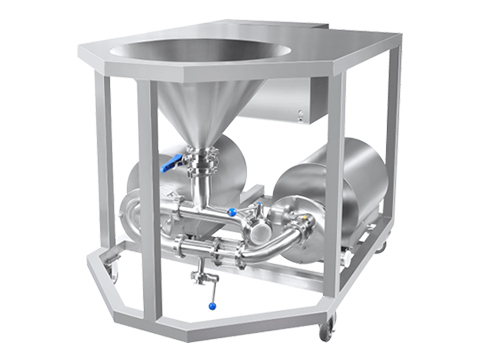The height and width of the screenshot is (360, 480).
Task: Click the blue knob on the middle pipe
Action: pos(232,211)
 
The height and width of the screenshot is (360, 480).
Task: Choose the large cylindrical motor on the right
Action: pos(320,195)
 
